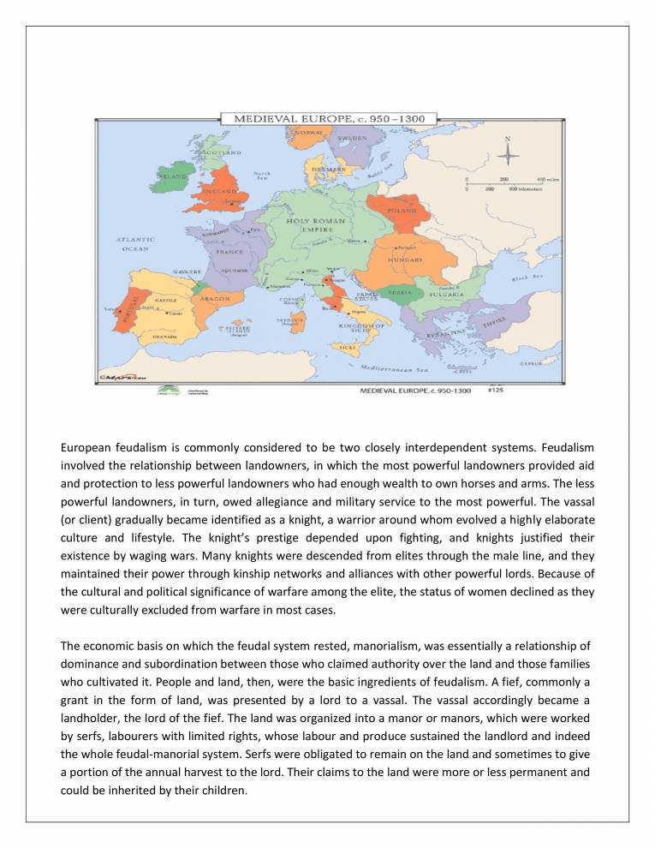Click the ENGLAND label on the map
(x=219, y=192)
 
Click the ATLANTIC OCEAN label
(x=135, y=244)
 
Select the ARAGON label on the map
(x=213, y=299)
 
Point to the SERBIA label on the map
(x=401, y=292)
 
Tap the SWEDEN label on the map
(x=351, y=137)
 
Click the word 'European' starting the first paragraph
(x=87, y=447)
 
